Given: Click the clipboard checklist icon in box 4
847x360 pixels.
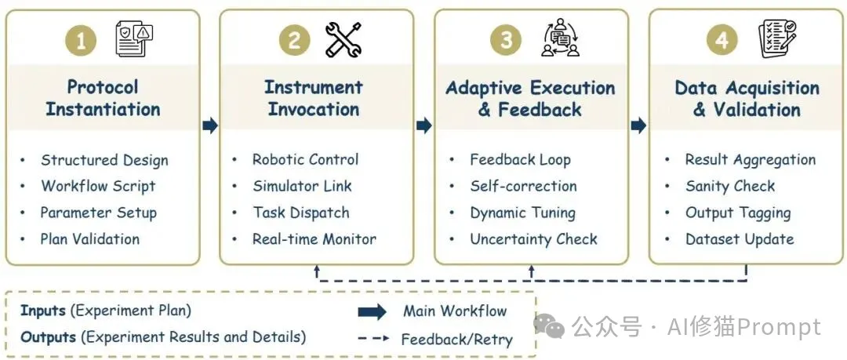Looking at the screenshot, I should coord(776,40).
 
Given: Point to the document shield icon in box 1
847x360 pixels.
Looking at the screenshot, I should coord(133,40).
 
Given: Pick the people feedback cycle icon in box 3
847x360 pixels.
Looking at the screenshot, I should coord(560,40).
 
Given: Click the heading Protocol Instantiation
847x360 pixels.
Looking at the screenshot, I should coord(103,98).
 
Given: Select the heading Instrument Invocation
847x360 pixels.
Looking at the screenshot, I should coord(314,98).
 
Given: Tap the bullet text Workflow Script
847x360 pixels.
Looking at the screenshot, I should coord(98,187).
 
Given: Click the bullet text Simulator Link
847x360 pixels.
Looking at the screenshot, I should coord(302,187).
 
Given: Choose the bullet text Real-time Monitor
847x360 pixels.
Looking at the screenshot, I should coord(314,239).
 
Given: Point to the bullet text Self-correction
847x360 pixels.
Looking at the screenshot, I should coord(523,187).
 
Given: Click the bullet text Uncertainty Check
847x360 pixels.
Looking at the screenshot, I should coord(533,239).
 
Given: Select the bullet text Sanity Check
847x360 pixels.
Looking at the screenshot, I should coord(729,187).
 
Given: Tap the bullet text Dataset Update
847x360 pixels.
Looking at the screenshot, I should coord(739,239).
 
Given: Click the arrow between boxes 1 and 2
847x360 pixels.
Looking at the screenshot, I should coord(209,125).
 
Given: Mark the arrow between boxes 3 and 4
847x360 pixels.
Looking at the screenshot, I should coord(638,125).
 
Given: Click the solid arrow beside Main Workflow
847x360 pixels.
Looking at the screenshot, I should coord(372,312).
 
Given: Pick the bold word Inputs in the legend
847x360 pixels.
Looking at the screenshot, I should coord(43,311).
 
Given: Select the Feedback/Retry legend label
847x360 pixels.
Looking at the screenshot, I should coord(456,340).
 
